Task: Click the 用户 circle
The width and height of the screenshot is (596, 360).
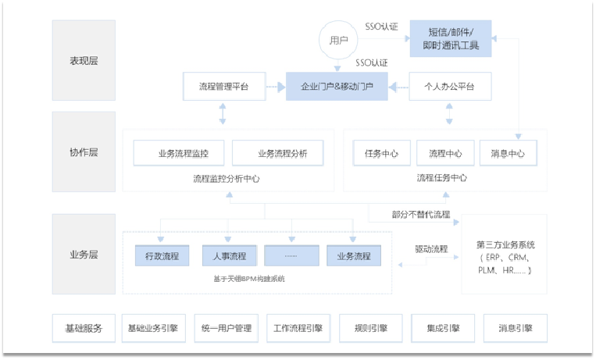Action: [338, 39]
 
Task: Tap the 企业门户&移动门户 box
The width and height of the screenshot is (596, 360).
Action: [337, 86]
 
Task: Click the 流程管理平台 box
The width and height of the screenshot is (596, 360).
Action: [223, 86]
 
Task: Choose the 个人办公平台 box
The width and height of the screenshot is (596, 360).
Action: [450, 86]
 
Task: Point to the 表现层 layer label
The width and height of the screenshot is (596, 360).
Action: [84, 60]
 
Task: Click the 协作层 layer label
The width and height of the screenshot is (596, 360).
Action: [84, 153]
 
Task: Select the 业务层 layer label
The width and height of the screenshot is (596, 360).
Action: [84, 255]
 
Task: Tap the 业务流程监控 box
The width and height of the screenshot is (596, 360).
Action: [180, 153]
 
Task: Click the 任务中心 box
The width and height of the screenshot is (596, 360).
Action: [381, 153]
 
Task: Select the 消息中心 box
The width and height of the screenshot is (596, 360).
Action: [508, 153]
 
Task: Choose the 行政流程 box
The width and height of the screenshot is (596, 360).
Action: [162, 255]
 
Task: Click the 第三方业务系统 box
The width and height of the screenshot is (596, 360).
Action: [505, 255]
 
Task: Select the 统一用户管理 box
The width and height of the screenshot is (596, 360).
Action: [227, 329]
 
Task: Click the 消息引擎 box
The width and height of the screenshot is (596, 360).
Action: [515, 329]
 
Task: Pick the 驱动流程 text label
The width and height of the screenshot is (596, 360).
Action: [431, 249]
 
